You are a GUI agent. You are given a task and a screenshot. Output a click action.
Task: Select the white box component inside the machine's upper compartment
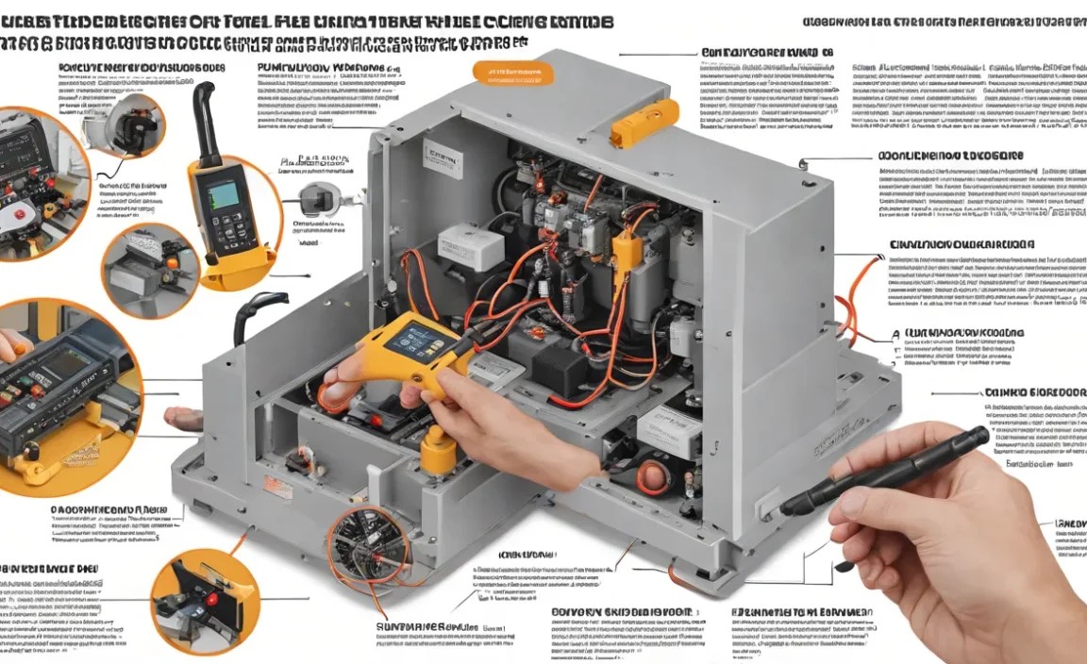click(472, 247)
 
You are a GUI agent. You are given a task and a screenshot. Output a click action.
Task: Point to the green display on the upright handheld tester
click(224, 195)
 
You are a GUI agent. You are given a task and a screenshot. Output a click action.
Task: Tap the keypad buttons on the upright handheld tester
click(225, 232)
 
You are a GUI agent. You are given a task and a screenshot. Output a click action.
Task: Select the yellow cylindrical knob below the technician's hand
click(436, 452)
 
